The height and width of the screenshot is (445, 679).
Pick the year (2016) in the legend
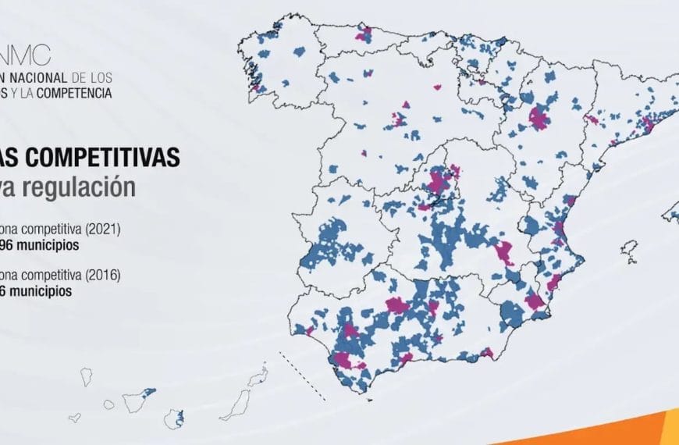click(101, 275)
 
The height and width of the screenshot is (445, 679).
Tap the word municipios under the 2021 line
click(48, 244)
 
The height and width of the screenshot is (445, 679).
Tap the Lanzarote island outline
click(258, 379)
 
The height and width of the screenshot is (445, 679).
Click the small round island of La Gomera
click(109, 405)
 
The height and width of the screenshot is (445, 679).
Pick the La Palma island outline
click(87, 378)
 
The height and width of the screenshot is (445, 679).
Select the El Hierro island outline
click(75, 418)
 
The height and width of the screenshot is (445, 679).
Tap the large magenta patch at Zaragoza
click(539, 119)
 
